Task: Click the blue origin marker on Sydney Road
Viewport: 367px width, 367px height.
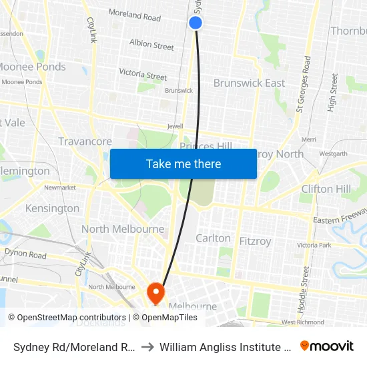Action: (x=196, y=23)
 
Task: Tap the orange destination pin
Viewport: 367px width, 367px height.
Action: (x=155, y=292)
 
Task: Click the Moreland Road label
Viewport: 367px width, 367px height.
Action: (x=134, y=16)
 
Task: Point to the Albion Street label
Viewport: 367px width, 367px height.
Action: (x=151, y=45)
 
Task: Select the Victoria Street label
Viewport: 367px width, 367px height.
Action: (x=143, y=74)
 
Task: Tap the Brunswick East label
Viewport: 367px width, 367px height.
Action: (x=249, y=83)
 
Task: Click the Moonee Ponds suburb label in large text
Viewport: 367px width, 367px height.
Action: (x=31, y=67)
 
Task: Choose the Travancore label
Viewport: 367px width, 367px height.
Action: (x=85, y=141)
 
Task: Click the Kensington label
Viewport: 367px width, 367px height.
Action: (x=52, y=208)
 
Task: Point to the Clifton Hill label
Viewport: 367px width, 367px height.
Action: (x=326, y=189)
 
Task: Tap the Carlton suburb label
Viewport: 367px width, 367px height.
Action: (x=213, y=238)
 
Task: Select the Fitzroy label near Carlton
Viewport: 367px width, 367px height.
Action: (x=256, y=241)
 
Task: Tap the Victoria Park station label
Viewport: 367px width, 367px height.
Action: (x=314, y=245)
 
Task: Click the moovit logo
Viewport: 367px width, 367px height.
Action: (x=327, y=346)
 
